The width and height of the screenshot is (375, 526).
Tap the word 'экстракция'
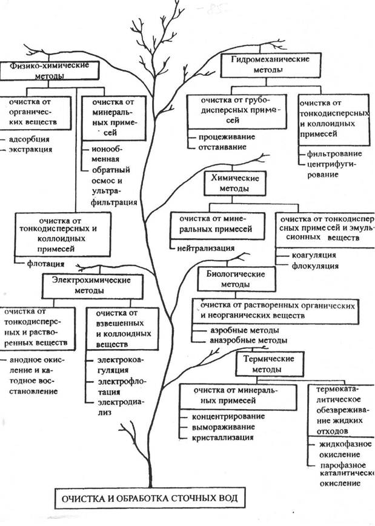click(30, 148)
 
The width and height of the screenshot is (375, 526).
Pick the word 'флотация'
click(47, 264)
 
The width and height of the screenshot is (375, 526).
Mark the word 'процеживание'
click(224, 137)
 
